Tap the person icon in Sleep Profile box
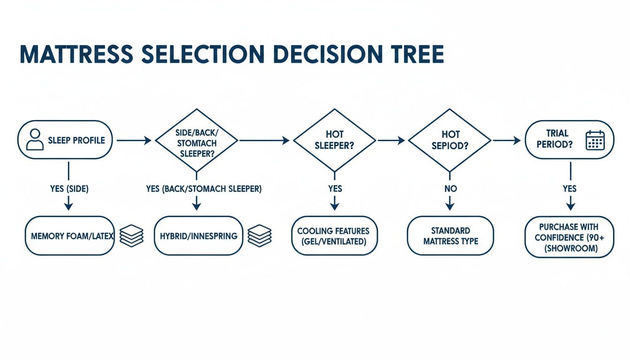(x=34, y=140)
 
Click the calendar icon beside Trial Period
(x=595, y=140)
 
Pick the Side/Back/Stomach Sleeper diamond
(x=196, y=140)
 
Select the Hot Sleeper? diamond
(x=334, y=140)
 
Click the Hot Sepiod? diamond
(x=450, y=140)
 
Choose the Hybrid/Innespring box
(x=198, y=236)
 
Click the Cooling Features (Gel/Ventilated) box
(x=334, y=236)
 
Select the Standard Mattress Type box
(x=450, y=236)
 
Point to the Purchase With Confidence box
(x=569, y=237)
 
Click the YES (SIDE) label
(x=69, y=189)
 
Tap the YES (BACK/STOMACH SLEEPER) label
(x=204, y=189)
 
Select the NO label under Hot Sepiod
(x=450, y=189)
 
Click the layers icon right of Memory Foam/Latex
(x=131, y=236)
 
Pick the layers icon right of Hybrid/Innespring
(x=259, y=236)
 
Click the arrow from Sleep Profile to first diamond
(x=134, y=140)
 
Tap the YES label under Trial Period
(x=570, y=189)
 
